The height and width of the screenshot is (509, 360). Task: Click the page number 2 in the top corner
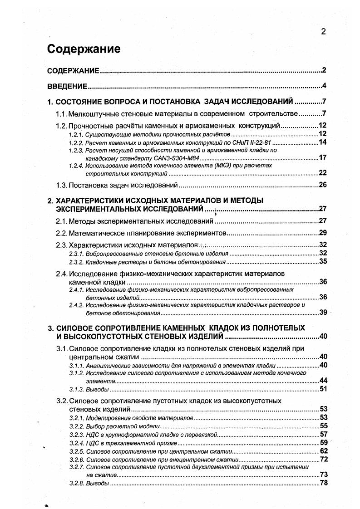point(323,31)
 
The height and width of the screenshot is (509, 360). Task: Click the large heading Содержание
point(84,49)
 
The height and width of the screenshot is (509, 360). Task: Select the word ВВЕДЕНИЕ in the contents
point(67,86)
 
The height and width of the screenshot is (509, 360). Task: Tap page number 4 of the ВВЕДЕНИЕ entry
point(324,86)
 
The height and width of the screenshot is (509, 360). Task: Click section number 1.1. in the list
point(61,113)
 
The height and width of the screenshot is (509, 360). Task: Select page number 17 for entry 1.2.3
point(323,158)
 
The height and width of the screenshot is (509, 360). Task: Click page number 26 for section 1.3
point(323,185)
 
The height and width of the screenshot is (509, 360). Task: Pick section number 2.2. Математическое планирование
point(61,233)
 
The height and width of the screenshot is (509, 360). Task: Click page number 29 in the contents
point(323,233)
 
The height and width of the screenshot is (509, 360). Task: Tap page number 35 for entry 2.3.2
point(323,261)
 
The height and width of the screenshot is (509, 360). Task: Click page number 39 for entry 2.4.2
point(323,312)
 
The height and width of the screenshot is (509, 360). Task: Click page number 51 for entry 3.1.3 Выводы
point(323,389)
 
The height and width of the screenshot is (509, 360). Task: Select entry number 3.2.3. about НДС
point(76,434)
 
